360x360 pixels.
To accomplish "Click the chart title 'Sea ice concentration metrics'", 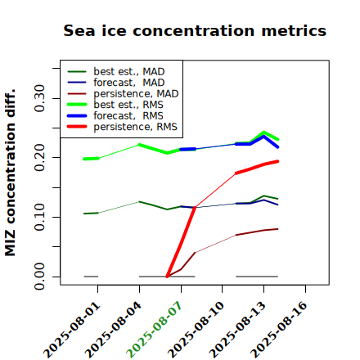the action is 195,30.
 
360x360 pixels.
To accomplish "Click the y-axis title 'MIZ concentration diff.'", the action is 10,173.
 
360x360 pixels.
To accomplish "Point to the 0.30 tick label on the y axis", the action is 39,98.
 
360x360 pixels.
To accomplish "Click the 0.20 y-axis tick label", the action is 39,158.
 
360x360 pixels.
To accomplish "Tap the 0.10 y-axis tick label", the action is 39,217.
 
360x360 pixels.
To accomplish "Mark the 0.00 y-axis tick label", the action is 39,277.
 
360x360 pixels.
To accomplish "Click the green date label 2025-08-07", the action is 154,330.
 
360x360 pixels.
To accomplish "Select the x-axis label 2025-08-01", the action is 71,330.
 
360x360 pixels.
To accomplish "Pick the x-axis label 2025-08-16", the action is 279,330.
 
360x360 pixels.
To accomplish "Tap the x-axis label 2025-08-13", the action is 237,330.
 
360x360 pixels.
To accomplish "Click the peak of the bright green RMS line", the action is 263,133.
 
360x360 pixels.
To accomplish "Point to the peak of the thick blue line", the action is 263,136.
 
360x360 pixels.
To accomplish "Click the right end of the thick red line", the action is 277,161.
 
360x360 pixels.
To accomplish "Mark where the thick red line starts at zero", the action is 167,277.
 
